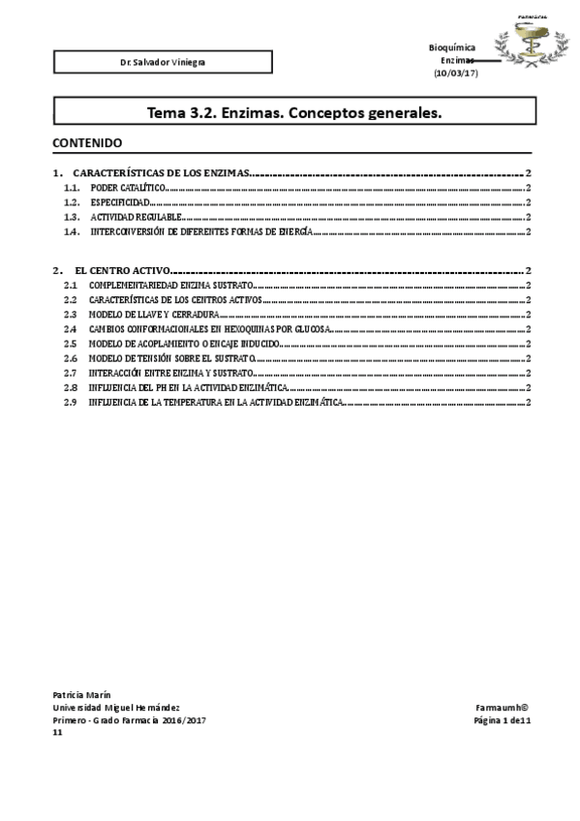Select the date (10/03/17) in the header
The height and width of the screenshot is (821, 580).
point(456,73)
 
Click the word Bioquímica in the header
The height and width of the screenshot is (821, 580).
point(451,47)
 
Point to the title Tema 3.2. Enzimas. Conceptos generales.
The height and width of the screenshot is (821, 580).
point(294,112)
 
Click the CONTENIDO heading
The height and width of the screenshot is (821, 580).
point(87,142)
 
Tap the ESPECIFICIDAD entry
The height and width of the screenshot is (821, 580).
point(120,203)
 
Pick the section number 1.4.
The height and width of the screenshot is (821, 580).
point(71,232)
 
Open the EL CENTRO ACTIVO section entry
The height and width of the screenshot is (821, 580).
point(122,271)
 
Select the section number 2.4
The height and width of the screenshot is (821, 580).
point(70,330)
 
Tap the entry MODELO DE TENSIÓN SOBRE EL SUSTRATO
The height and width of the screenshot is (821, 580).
point(170,358)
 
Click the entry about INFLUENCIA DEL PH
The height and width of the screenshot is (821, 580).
point(184,387)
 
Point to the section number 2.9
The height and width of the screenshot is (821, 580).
point(70,402)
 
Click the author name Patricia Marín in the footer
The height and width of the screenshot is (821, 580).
point(82,695)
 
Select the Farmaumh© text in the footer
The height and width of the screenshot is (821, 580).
point(501,708)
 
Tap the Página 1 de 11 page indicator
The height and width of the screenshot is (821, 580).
point(500,720)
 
